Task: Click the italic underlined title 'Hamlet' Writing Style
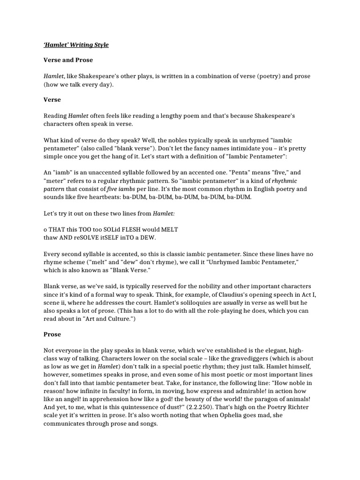pyautogui.click(x=76, y=45)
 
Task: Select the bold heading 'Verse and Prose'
pyautogui.click(x=68, y=60)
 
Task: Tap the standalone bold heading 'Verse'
pyautogui.click(x=52, y=100)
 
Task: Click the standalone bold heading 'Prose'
pyautogui.click(x=52, y=335)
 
